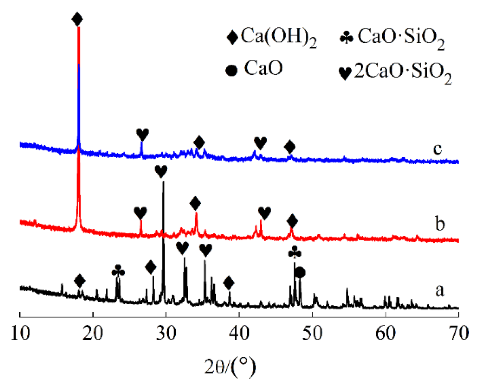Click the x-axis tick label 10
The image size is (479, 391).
click(20, 333)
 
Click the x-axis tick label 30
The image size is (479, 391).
click(166, 333)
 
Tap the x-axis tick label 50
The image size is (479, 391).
click(312, 333)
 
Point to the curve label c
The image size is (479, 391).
click(438, 148)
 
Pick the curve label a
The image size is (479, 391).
click(440, 290)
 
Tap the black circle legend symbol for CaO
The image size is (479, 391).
click(231, 70)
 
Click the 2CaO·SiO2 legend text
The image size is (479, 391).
click(402, 72)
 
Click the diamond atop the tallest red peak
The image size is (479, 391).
click(77, 19)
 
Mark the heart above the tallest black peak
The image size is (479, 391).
click(161, 171)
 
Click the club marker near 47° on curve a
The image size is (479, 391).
click(295, 252)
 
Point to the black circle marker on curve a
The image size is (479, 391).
click(300, 272)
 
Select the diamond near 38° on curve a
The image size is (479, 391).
click(229, 282)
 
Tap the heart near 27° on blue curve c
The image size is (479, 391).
click(142, 134)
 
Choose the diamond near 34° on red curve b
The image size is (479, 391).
click(195, 203)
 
